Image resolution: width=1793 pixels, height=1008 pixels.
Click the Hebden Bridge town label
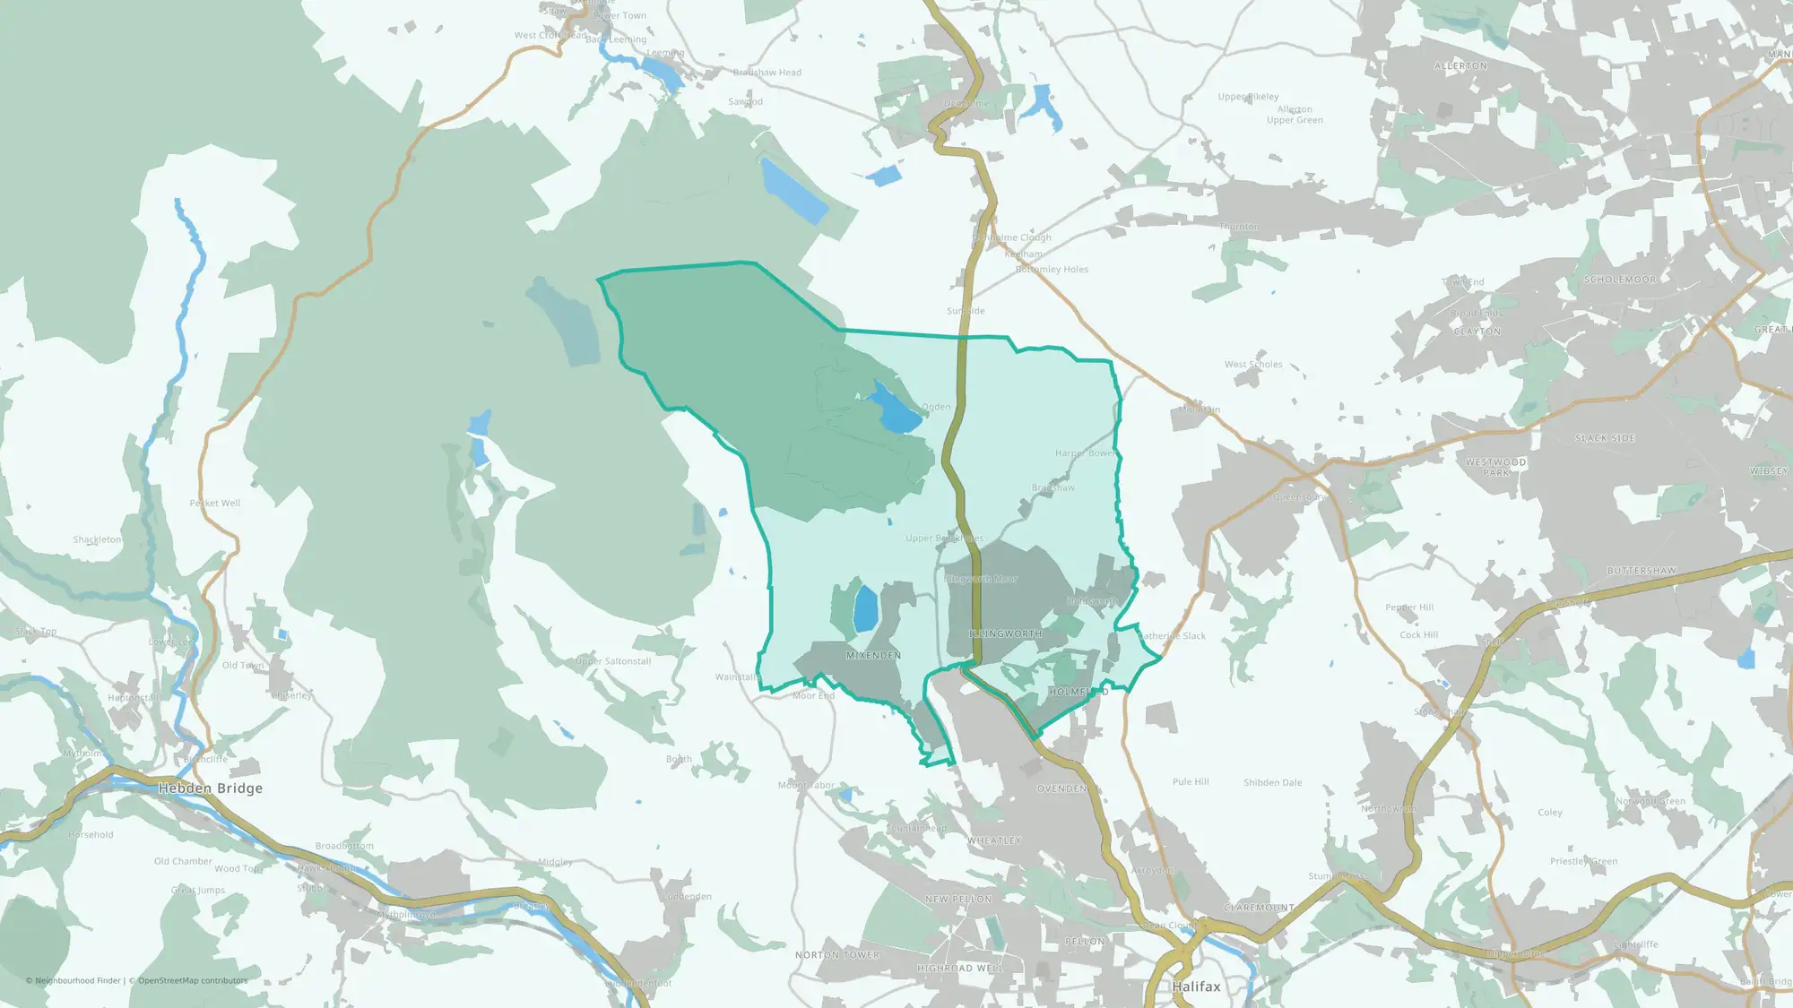[x=211, y=788]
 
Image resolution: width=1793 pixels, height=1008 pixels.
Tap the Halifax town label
[x=1196, y=986]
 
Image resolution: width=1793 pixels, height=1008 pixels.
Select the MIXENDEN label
[x=873, y=656]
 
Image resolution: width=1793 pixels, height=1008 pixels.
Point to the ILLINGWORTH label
[x=1006, y=633]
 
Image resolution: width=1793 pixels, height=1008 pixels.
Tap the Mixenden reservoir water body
[x=865, y=609]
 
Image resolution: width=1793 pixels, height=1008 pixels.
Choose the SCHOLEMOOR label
[x=1620, y=280]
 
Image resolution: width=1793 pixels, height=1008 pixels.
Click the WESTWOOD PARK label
[x=1496, y=467]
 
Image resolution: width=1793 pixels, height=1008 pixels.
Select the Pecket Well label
[x=215, y=504]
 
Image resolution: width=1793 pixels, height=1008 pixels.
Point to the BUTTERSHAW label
[x=1641, y=571]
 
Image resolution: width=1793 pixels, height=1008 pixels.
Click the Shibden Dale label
[x=1272, y=782]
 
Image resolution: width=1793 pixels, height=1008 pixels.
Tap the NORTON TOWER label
[x=837, y=955]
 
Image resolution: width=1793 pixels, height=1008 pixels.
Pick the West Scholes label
[x=1253, y=365]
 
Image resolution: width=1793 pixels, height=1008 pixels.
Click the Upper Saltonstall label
[x=613, y=661]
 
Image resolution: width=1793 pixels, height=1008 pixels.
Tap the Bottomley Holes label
[x=1052, y=270]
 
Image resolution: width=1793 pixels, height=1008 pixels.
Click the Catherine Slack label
[x=1173, y=636]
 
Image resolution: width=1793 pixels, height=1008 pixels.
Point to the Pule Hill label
[x=1191, y=782]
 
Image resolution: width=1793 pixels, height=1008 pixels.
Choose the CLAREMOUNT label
[x=1259, y=908]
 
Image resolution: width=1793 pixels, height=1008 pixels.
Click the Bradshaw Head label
[x=767, y=73]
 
